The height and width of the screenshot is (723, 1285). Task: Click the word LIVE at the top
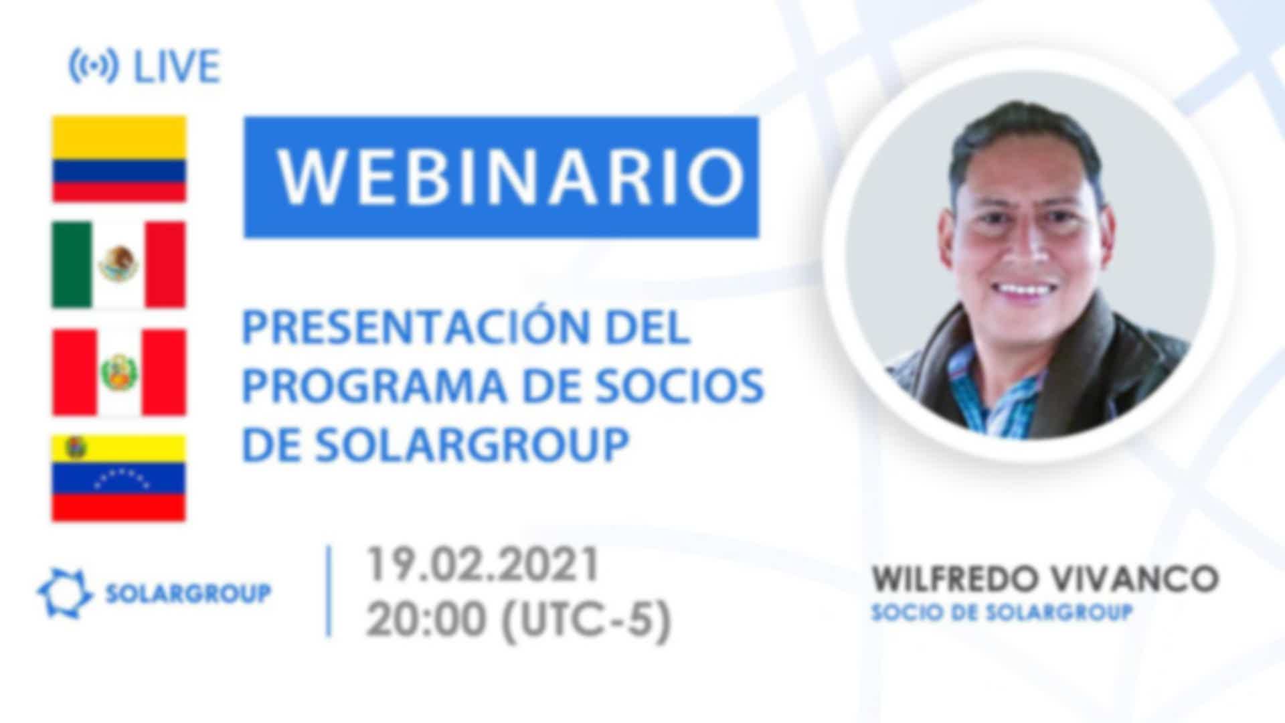point(177,66)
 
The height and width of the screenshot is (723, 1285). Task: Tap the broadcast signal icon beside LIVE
point(94,66)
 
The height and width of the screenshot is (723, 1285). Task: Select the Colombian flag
point(119,159)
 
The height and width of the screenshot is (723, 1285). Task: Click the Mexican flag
point(119,264)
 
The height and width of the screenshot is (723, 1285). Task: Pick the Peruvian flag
point(119,372)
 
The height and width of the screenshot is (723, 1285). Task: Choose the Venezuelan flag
point(119,478)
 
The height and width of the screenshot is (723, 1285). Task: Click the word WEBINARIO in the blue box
point(511,177)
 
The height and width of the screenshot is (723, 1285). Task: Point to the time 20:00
point(426,620)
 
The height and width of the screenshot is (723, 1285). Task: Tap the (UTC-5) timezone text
point(586,620)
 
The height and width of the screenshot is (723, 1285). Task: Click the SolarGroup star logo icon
point(64,593)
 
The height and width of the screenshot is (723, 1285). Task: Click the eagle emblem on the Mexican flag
point(118,264)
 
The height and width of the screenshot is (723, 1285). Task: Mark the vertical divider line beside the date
point(329,591)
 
